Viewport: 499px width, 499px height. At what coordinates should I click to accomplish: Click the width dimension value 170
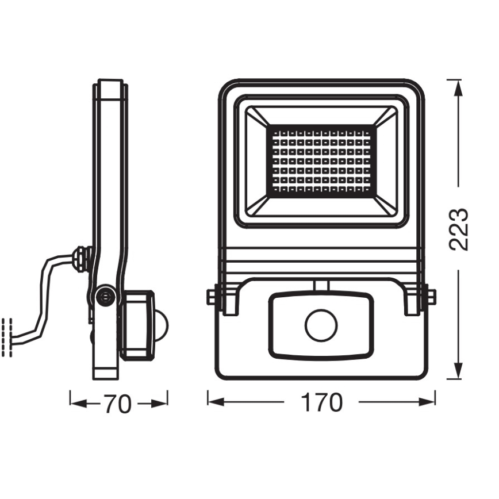coord(321,403)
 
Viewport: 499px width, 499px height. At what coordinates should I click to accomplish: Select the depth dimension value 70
coord(117,405)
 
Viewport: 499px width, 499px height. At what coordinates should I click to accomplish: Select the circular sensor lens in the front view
coord(321,327)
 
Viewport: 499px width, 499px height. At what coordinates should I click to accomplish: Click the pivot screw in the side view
coord(105,296)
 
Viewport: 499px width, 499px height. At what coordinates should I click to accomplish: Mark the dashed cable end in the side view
coord(7,337)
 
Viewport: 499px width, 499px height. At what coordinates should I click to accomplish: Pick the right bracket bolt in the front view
coord(431,297)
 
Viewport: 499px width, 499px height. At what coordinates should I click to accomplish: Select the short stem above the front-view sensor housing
coord(321,285)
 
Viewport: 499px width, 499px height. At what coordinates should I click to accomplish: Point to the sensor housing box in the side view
coord(137,325)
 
